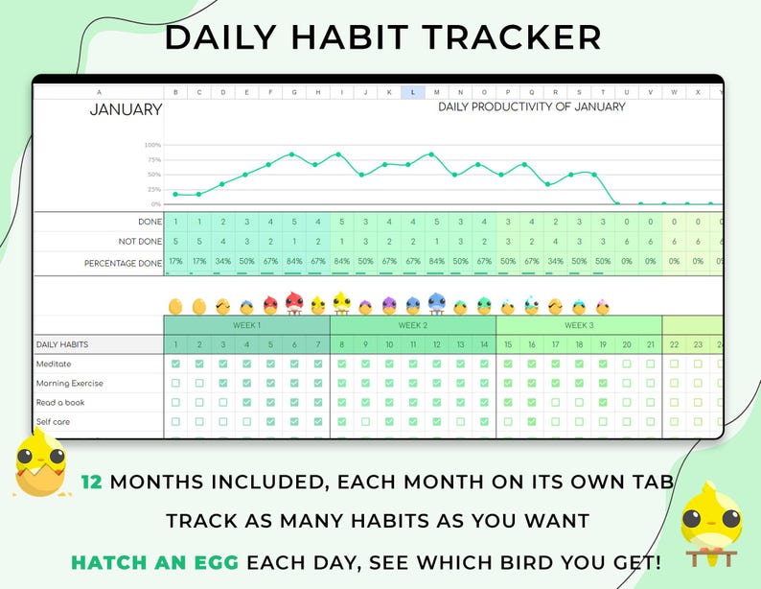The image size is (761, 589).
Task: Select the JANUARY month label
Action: coord(126,109)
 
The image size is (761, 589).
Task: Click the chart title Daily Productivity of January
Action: coord(531,106)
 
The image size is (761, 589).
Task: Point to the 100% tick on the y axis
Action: coord(152,145)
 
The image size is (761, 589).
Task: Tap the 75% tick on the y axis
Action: coord(152,159)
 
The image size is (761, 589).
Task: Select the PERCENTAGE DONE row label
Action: coord(124,262)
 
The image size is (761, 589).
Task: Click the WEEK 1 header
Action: coord(246,325)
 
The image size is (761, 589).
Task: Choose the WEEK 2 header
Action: coord(412,325)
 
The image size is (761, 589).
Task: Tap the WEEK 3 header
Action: coord(579,325)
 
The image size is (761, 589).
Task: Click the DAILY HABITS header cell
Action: coord(63,344)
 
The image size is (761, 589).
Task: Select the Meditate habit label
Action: coord(54,365)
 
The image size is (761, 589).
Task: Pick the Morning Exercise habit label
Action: coord(69,384)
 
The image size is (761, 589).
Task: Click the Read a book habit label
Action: coord(60,403)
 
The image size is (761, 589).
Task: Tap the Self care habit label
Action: coord(53,422)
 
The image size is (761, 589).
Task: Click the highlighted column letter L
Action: coord(413,93)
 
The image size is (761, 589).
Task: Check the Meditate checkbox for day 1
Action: coord(175,365)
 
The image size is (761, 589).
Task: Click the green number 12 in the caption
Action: coord(92,482)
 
